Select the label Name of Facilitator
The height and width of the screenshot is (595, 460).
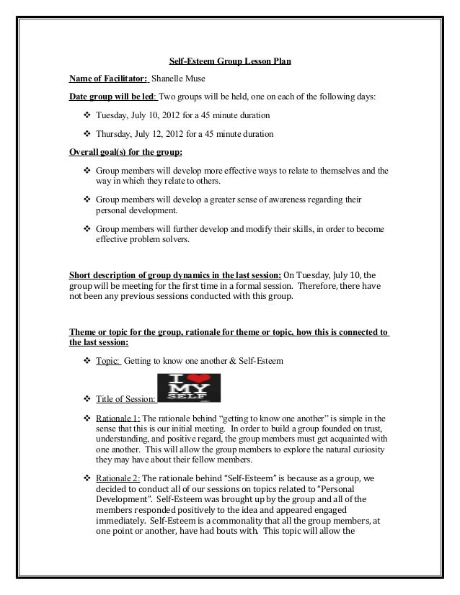point(107,79)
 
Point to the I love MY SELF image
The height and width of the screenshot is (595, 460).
point(188,388)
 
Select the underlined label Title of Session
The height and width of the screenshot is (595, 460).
point(125,400)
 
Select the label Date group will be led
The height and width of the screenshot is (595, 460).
point(111,97)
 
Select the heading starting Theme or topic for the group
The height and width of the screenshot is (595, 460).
point(228,333)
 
